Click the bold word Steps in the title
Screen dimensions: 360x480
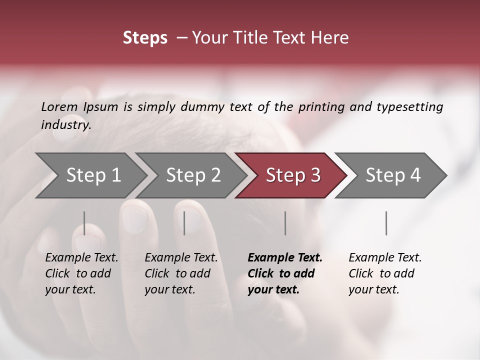(145, 38)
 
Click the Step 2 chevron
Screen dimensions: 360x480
(193, 175)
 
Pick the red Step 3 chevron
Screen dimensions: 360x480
(292, 175)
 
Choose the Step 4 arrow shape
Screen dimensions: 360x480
(392, 175)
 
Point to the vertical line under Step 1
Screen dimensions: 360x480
(84, 223)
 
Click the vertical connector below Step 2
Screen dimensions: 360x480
(184, 223)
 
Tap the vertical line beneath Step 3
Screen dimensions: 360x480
(285, 223)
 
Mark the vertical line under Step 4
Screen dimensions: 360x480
(386, 223)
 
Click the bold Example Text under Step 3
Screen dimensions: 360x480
(285, 258)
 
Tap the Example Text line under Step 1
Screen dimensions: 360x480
(81, 258)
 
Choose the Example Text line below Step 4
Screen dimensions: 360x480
(385, 258)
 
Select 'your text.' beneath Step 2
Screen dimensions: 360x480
(170, 289)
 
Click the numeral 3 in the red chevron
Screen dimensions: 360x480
(315, 175)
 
